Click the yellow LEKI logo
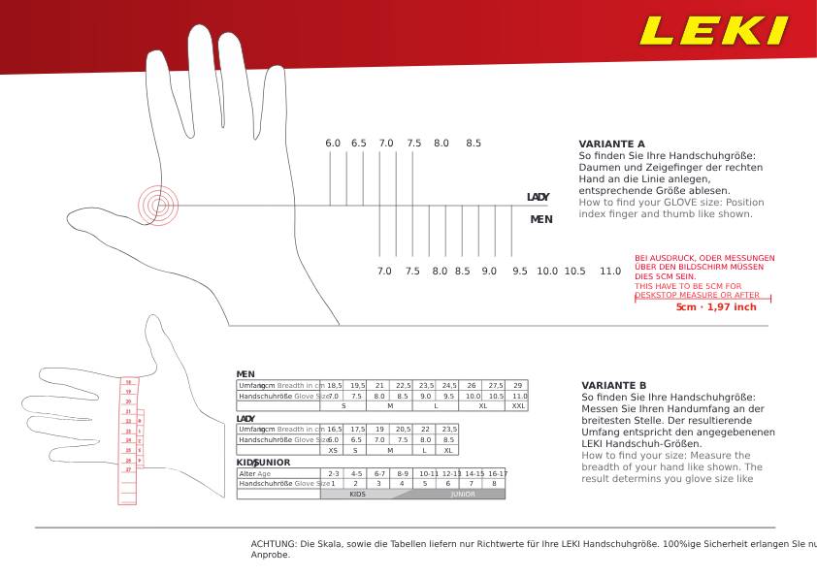[x=713, y=30]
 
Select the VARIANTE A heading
[x=611, y=144]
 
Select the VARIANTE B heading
[x=613, y=385]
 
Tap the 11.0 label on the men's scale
[x=609, y=272]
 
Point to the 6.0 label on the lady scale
[x=333, y=144]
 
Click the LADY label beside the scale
[x=538, y=197]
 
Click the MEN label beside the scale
[x=540, y=219]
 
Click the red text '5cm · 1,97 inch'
[x=716, y=307]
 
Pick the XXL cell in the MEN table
[x=518, y=406]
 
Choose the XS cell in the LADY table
[x=333, y=450]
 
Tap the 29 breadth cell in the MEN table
[x=518, y=385]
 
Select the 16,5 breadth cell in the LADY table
[x=334, y=429]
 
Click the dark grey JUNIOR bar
[x=463, y=494]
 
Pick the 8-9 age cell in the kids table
[x=403, y=473]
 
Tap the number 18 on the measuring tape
[x=127, y=382]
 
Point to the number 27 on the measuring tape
[x=128, y=469]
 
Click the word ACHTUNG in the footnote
[x=271, y=544]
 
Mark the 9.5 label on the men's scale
[x=520, y=272]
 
